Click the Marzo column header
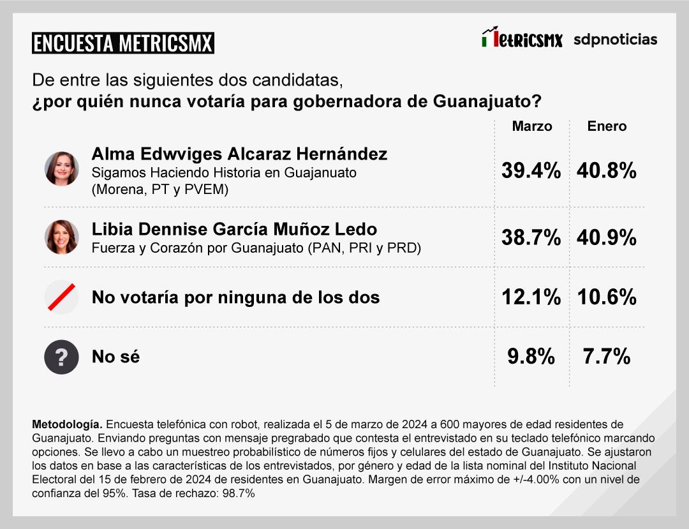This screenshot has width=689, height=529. pyautogui.click(x=531, y=126)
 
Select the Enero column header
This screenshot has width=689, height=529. pyautogui.click(x=607, y=126)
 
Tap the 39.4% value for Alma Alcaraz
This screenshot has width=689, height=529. pyautogui.click(x=530, y=171)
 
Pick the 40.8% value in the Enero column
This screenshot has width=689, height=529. pyautogui.click(x=607, y=171)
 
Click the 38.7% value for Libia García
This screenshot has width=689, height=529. pyautogui.click(x=530, y=238)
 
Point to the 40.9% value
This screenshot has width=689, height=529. pyautogui.click(x=607, y=238)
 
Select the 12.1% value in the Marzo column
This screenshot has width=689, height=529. pyautogui.click(x=530, y=297)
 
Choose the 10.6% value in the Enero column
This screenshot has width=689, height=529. pyautogui.click(x=607, y=297)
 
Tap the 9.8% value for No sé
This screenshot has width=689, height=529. pyautogui.click(x=531, y=357)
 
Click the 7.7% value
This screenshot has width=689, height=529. pyautogui.click(x=607, y=357)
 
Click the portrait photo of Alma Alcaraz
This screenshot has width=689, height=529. pyautogui.click(x=62, y=169)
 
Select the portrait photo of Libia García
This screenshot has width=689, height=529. pyautogui.click(x=62, y=237)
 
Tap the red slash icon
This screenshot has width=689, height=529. pyautogui.click(x=62, y=297)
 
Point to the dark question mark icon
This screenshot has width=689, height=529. pyautogui.click(x=62, y=357)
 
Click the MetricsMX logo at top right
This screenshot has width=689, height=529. pyautogui.click(x=522, y=38)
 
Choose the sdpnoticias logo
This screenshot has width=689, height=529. pyautogui.click(x=615, y=40)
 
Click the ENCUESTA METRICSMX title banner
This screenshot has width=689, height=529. pyautogui.click(x=122, y=43)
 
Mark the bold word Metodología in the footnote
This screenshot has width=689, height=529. pyautogui.click(x=66, y=424)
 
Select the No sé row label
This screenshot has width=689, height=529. pyautogui.click(x=115, y=357)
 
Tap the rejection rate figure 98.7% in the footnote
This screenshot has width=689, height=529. pyautogui.click(x=238, y=493)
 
